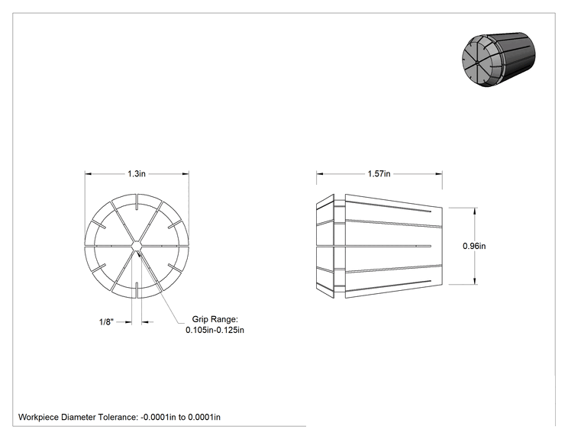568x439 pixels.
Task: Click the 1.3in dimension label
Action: point(136,174)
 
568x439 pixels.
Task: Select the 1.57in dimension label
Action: point(379,174)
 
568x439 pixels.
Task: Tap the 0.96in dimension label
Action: point(474,246)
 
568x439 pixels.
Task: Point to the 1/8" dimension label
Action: point(107,321)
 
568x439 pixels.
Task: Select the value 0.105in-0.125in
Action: point(215,330)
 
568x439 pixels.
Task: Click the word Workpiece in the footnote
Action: point(38,418)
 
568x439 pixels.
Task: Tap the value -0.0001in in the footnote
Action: point(155,417)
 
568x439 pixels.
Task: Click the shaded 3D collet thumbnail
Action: point(499,60)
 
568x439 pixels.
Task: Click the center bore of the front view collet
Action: point(137,246)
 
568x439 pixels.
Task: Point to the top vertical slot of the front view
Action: point(137,202)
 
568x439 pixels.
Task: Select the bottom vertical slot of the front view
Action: point(137,290)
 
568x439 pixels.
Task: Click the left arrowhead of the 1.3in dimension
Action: point(89,174)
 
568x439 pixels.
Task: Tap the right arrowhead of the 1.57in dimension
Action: point(439,174)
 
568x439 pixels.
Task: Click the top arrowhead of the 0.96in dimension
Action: point(475,211)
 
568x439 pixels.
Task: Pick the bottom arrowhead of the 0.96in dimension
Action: point(475,281)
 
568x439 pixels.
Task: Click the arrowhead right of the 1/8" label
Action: point(145,321)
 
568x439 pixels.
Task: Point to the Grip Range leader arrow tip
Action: point(138,253)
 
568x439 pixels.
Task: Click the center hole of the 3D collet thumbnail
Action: point(477,63)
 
